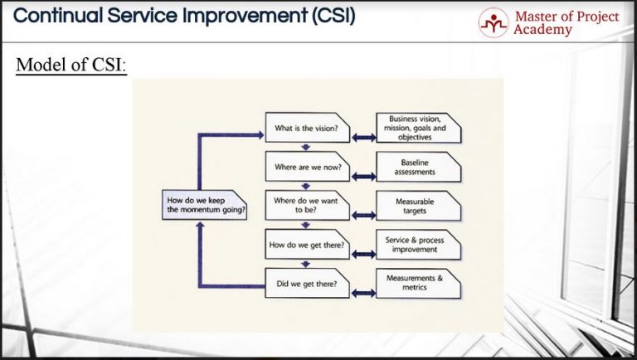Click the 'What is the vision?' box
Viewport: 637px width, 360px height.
(308, 129)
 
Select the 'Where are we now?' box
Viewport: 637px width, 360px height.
(308, 167)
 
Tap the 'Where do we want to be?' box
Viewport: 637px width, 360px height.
(308, 205)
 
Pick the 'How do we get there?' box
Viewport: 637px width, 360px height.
(308, 245)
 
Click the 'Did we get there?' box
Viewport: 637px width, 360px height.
(308, 284)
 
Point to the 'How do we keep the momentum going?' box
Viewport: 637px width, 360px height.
(204, 206)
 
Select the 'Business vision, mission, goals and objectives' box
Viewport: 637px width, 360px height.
(417, 129)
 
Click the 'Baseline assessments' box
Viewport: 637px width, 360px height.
(417, 167)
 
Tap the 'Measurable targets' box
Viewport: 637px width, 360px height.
(417, 205)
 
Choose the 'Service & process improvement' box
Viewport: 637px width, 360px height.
(417, 245)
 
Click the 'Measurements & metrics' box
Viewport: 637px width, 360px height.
(417, 283)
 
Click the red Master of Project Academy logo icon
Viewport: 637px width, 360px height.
(493, 22)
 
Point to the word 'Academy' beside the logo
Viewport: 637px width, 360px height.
(542, 30)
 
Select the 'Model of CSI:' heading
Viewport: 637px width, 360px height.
(71, 65)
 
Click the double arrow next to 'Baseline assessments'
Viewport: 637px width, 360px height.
(363, 176)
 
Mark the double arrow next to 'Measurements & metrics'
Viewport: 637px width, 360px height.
(363, 292)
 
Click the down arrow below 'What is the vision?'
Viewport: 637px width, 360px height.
(306, 147)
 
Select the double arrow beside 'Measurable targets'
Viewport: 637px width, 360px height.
(363, 215)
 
